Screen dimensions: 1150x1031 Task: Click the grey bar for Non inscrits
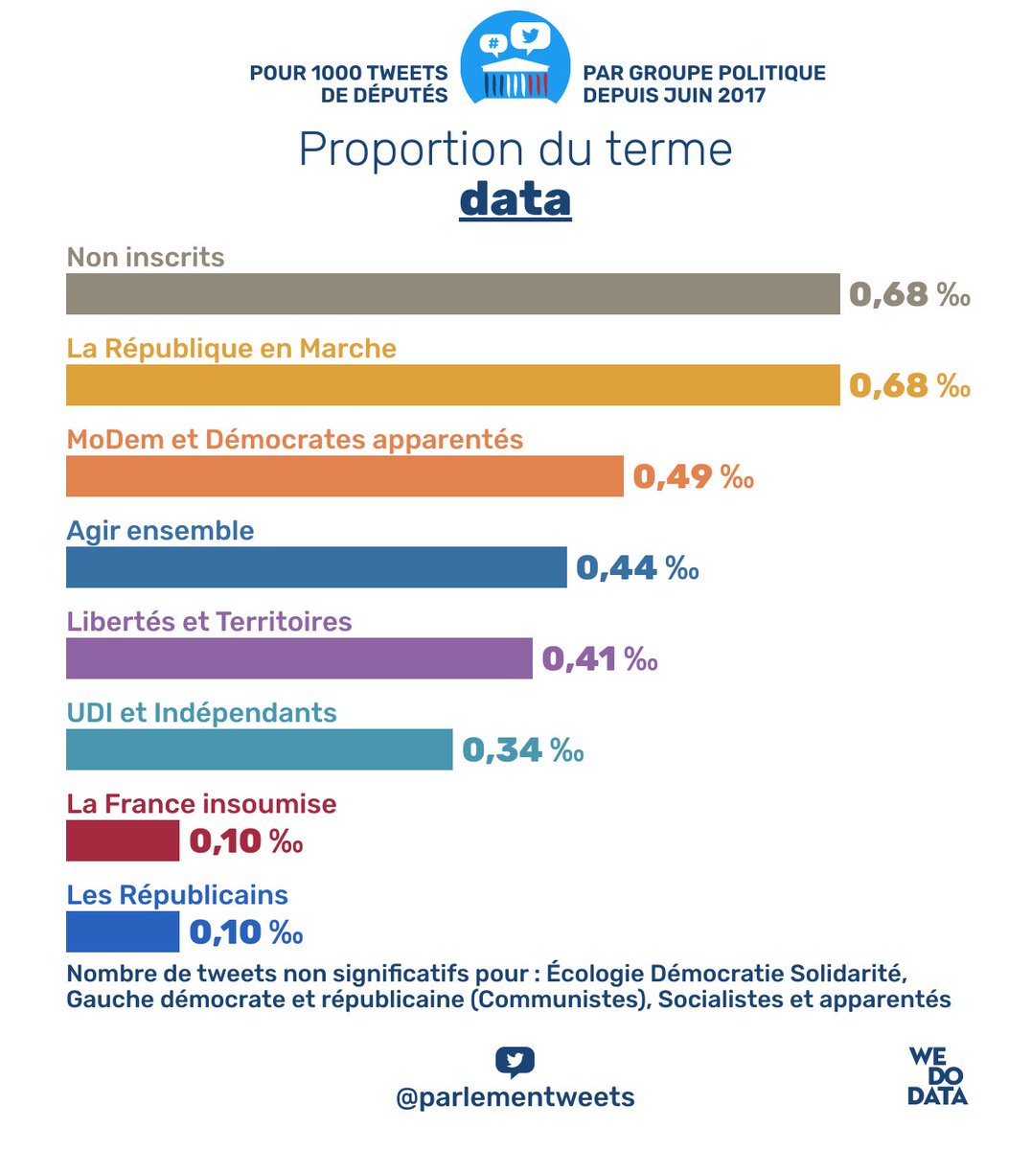452,294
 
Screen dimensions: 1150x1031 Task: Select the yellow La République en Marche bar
452,385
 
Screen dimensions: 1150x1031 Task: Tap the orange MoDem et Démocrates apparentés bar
345,476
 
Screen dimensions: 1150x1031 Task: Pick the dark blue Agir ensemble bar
316,567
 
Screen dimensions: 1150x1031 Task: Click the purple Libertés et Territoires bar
299,658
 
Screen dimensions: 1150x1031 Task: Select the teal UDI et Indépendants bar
259,749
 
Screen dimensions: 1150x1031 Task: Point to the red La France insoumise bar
123,840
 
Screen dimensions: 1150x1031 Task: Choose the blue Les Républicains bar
123,931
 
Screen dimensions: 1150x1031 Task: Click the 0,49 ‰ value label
694,476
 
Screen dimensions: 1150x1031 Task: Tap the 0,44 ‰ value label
637,567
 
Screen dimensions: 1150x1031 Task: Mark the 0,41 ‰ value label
600,658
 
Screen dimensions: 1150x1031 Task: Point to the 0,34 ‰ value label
523,749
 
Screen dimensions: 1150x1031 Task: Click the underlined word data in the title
515,199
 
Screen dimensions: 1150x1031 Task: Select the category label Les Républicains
177,895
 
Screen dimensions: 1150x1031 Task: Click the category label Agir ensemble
160,531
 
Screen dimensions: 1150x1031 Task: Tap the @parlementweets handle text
515,1097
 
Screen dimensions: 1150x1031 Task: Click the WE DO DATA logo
937,1076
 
